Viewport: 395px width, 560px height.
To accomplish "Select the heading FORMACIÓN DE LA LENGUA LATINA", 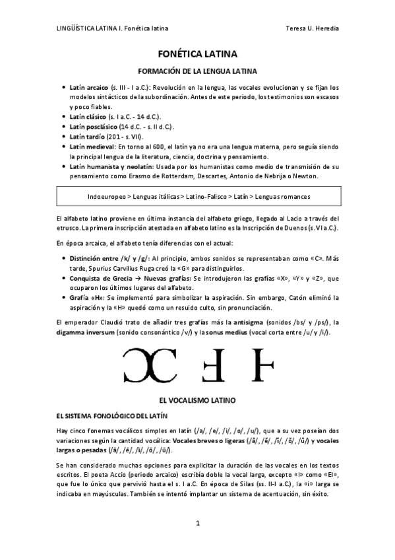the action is pos(197,71).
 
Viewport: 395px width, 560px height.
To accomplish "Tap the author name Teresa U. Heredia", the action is pos(314,29).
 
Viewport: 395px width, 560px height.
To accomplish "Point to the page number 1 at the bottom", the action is pos(197,524).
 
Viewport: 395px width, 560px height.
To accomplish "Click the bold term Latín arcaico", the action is pos(88,87).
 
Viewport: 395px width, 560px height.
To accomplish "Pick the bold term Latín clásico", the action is pos(88,116).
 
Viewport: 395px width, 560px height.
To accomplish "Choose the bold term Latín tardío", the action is pos(86,136).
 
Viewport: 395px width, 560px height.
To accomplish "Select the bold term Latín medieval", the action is pos(92,146).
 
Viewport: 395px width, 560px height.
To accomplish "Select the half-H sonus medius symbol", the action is pos(264,365).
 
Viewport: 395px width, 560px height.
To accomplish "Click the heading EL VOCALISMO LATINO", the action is pos(197,400).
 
